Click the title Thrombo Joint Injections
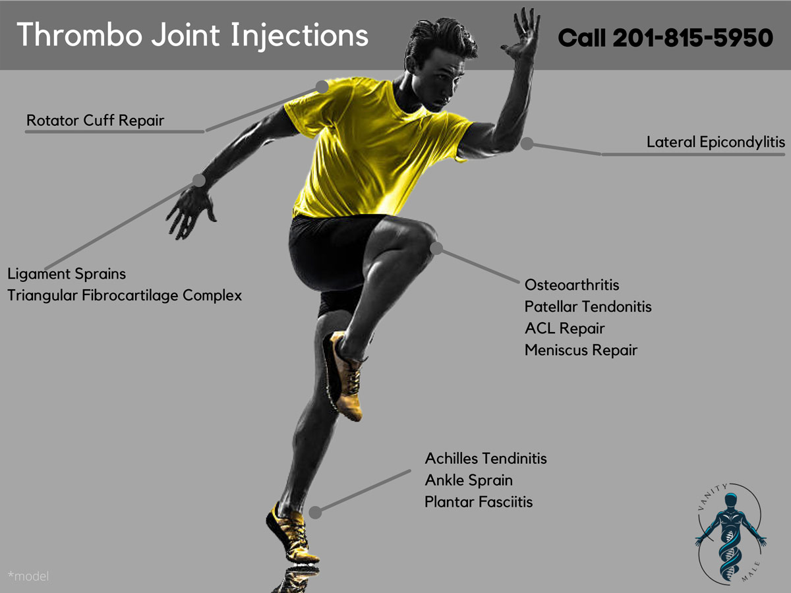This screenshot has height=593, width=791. (x=192, y=34)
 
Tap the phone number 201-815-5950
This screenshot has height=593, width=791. (x=692, y=38)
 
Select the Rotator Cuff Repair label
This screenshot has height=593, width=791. (x=95, y=121)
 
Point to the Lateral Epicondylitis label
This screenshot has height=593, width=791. (x=716, y=142)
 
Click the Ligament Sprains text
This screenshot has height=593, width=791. (x=67, y=273)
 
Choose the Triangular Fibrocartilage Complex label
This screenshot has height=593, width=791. (x=125, y=295)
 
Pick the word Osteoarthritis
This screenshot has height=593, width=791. (x=572, y=285)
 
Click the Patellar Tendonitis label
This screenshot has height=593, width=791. (x=588, y=307)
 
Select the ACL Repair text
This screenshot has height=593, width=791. (x=564, y=328)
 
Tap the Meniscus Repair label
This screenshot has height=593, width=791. (x=581, y=350)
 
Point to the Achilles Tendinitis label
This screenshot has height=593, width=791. (x=486, y=458)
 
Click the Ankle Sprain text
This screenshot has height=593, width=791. (x=469, y=480)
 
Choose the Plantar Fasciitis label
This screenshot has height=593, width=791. (x=479, y=502)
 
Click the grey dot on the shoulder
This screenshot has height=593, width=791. (x=322, y=86)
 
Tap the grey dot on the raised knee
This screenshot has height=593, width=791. (x=436, y=248)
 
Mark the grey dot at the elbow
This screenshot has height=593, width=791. (x=526, y=143)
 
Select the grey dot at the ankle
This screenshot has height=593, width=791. (x=316, y=512)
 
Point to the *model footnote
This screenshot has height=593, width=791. (x=28, y=577)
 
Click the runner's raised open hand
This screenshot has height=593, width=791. (x=521, y=33)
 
